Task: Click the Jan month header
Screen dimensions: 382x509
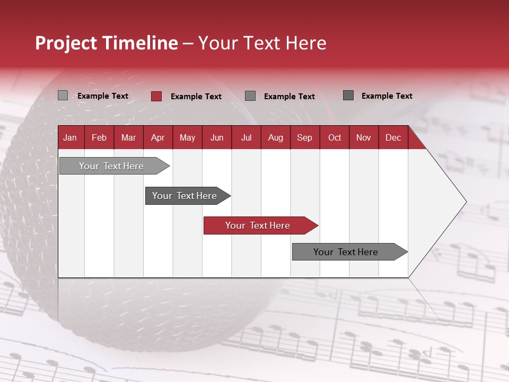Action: click(x=70, y=137)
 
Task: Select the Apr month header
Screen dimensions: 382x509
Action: click(x=157, y=137)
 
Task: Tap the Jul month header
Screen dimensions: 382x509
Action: click(x=246, y=137)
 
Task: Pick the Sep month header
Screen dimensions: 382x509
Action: click(x=304, y=137)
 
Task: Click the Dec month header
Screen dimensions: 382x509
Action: click(x=393, y=137)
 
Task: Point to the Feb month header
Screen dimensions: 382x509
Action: click(x=99, y=137)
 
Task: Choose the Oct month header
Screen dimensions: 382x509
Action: click(x=335, y=137)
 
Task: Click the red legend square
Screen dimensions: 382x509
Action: click(x=156, y=96)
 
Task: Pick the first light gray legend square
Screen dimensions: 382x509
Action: click(x=63, y=95)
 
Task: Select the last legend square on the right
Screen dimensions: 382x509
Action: click(x=348, y=95)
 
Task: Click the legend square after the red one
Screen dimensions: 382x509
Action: click(x=250, y=95)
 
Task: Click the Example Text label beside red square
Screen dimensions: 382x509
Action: click(x=196, y=97)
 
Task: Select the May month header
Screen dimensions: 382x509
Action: click(x=187, y=137)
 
